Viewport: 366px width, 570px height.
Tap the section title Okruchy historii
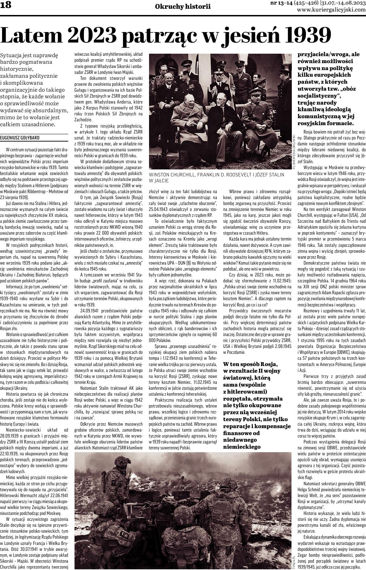[x=183, y=7]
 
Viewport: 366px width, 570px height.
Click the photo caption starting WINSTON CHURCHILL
[x=216, y=174]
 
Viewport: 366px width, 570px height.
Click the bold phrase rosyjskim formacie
[x=325, y=123]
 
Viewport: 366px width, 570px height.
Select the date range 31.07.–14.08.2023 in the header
[x=343, y=3]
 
